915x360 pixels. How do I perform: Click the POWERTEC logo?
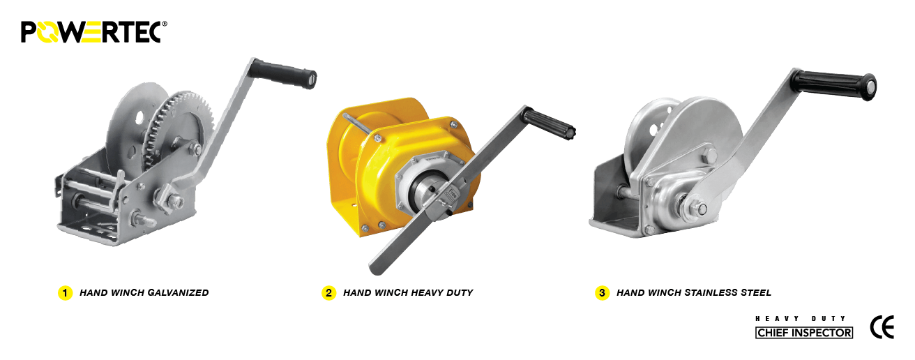[x=93, y=31]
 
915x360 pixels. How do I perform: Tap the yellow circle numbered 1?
[x=65, y=293]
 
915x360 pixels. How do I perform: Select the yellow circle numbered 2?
[x=328, y=293]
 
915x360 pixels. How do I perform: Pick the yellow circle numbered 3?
[x=602, y=293]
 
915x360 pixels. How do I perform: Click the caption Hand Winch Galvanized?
[x=144, y=293]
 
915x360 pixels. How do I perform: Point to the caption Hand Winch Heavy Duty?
[x=407, y=293]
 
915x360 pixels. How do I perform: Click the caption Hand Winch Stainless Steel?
[x=693, y=293]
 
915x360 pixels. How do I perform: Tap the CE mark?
[x=882, y=327]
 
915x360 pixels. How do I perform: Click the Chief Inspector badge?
[x=804, y=333]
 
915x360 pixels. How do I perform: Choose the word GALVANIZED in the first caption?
[x=178, y=293]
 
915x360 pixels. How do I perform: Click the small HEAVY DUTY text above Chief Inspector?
[x=801, y=318]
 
